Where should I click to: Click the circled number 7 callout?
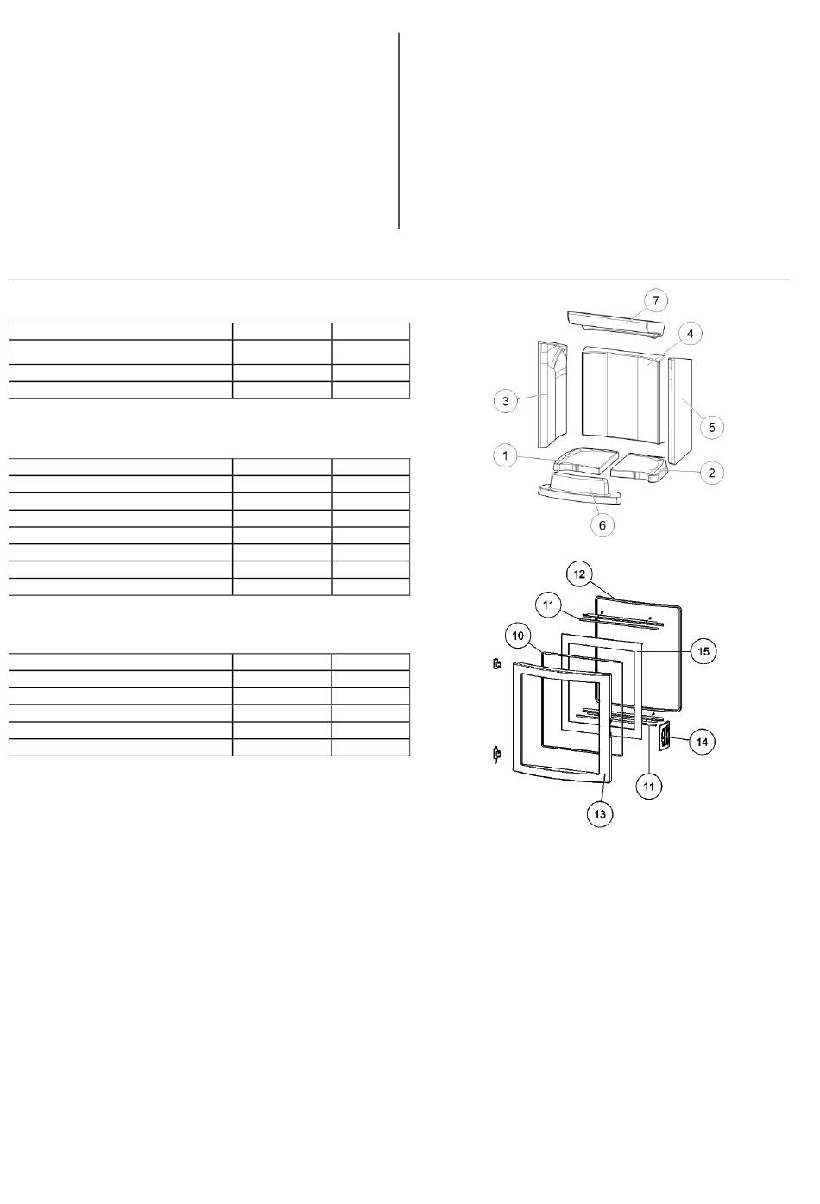pyautogui.click(x=655, y=300)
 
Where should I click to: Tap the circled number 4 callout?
pyautogui.click(x=691, y=334)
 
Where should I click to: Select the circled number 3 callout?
pyautogui.click(x=505, y=400)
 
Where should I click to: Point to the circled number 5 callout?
pyautogui.click(x=712, y=427)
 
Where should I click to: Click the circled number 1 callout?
pyautogui.click(x=505, y=455)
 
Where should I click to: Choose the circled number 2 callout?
pyautogui.click(x=712, y=473)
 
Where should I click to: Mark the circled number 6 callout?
pyautogui.click(x=602, y=524)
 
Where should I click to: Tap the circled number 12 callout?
pyautogui.click(x=579, y=574)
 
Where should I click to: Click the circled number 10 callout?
pyautogui.click(x=518, y=636)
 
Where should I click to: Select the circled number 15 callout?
pyautogui.click(x=703, y=651)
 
